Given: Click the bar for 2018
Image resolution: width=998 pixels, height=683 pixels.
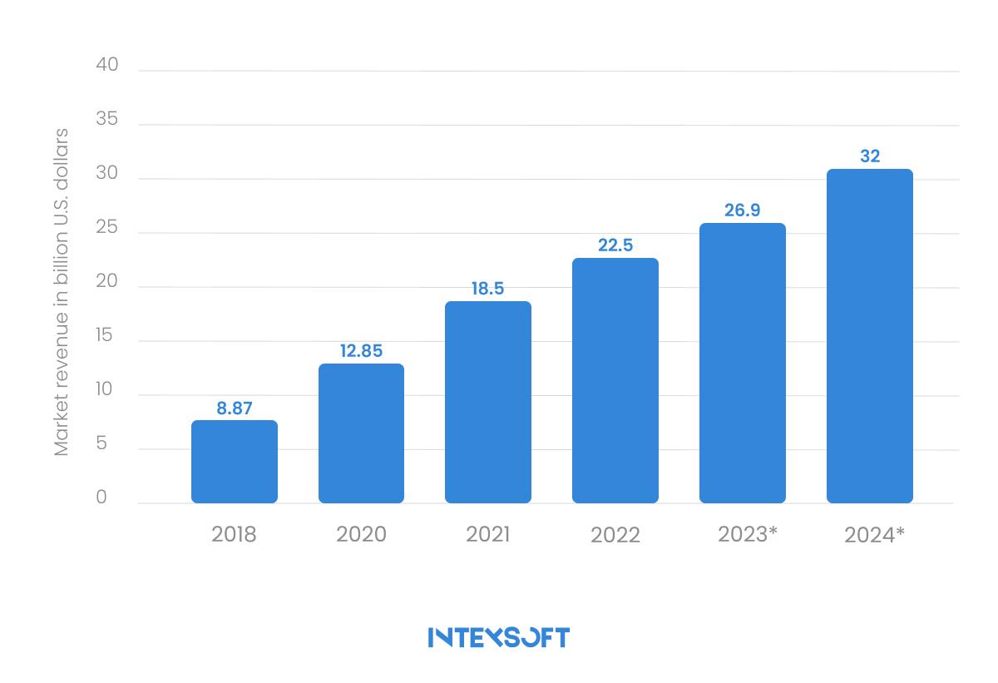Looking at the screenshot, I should (235, 462).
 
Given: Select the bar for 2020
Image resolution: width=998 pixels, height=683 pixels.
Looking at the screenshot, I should (361, 433).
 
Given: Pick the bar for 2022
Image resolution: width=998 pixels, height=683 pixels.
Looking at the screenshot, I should (615, 380).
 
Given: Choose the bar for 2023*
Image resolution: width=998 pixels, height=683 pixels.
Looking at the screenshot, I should (743, 363).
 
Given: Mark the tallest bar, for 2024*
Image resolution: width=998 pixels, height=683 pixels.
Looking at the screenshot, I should (870, 336).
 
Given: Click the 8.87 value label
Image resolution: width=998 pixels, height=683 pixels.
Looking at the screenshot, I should (235, 408).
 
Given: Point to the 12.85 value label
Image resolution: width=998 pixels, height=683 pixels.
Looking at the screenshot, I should (361, 351).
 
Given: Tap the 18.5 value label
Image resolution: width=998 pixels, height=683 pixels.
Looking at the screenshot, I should (487, 289).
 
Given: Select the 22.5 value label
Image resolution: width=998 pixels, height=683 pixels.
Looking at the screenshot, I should (615, 245).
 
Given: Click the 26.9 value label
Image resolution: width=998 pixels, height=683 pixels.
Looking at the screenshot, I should (743, 210).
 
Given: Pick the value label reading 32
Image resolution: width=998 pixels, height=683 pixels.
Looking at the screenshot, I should (870, 156).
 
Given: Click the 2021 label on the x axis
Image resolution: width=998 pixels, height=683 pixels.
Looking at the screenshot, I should (488, 533).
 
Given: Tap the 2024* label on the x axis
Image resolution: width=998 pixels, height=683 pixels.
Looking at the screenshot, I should (874, 534).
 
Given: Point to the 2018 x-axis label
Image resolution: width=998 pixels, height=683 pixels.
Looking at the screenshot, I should (234, 533).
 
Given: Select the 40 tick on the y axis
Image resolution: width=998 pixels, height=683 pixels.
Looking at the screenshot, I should (107, 65).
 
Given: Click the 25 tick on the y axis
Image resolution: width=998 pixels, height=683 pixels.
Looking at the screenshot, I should (107, 228).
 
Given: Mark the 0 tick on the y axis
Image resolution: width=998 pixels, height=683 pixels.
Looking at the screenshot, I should (101, 497).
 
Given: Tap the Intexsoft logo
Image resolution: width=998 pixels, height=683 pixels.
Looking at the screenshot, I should (499, 637).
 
